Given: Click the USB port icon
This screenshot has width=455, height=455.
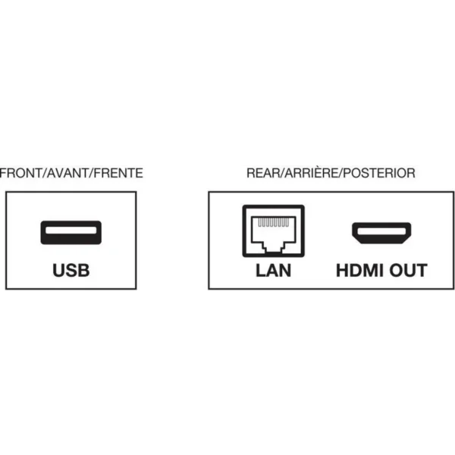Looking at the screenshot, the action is (x=71, y=233).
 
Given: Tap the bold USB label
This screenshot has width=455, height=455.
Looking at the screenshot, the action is (x=71, y=271).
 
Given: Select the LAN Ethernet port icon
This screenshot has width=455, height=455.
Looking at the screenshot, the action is (x=273, y=231).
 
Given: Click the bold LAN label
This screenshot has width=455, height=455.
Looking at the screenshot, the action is (x=273, y=271).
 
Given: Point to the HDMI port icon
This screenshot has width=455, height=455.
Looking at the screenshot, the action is (x=381, y=233).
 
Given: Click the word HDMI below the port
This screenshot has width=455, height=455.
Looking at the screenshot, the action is (x=359, y=271).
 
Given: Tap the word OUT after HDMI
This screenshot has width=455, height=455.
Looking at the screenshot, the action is (x=408, y=271).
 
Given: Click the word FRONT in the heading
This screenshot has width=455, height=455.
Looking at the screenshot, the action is (x=21, y=173).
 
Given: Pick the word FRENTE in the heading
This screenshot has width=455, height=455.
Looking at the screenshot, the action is (x=118, y=173).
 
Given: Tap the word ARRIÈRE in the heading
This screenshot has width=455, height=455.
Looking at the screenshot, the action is (x=312, y=172).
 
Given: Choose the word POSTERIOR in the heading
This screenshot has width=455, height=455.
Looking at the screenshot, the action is (x=379, y=173).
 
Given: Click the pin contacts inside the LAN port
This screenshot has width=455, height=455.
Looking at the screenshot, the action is (x=273, y=222).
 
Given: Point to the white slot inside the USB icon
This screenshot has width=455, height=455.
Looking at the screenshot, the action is (x=71, y=231).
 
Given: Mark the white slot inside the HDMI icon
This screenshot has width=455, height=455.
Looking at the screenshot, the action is (x=381, y=231).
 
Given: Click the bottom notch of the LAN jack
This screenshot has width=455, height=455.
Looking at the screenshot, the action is (x=273, y=249).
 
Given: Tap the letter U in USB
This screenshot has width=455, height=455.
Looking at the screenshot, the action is (x=58, y=271).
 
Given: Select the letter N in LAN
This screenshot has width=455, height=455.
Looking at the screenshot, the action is (x=285, y=271).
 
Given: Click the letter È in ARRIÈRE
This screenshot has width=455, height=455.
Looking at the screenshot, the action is (x=322, y=172).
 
